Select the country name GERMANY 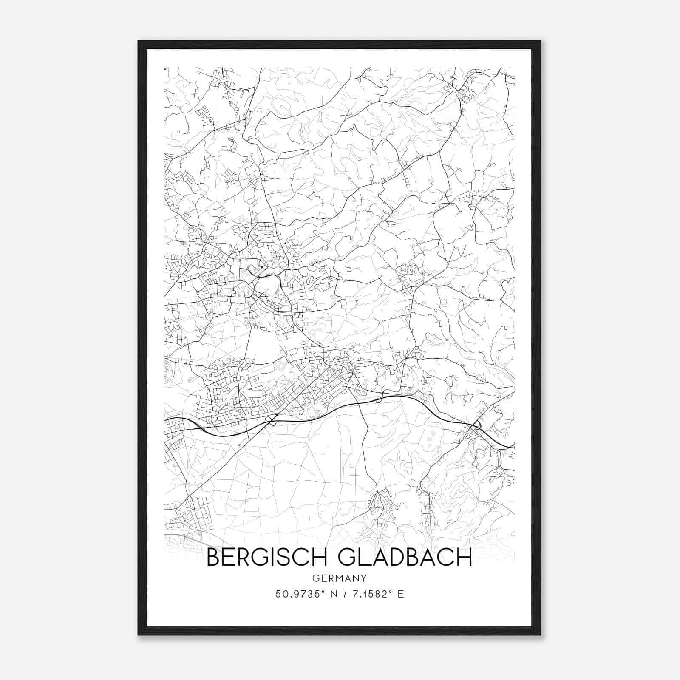pyautogui.click(x=340, y=578)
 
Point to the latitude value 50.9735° pyautogui.click(x=301, y=594)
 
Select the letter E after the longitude pyautogui.click(x=400, y=594)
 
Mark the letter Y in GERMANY pyautogui.click(x=364, y=578)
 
